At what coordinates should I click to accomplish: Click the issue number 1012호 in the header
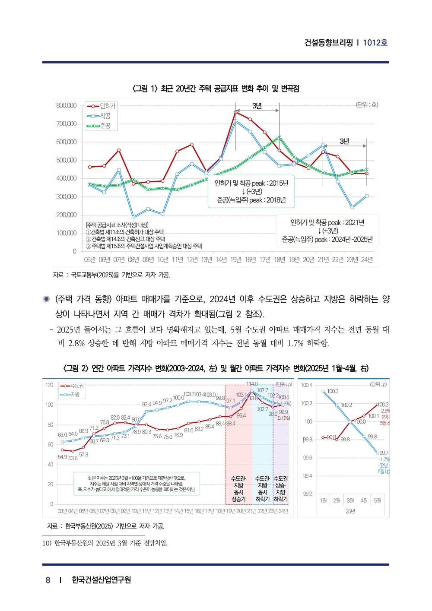375,42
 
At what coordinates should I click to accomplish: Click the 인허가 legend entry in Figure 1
108,106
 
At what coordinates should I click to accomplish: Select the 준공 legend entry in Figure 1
105,126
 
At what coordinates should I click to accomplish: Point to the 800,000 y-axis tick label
66,105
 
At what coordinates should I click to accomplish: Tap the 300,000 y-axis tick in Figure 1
66,196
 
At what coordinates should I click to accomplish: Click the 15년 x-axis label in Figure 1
235,260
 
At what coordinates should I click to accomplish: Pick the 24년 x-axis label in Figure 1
367,260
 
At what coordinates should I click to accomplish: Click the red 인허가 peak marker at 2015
235,112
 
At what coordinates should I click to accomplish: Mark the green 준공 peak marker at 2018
279,137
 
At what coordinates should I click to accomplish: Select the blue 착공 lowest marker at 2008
133,217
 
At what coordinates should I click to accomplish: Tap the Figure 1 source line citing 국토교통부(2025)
111,275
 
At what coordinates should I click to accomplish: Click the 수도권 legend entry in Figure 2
77,386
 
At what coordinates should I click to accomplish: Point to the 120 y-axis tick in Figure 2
49,385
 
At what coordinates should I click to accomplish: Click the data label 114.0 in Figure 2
252,384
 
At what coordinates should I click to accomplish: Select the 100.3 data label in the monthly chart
333,391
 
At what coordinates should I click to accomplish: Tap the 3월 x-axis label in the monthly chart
350,500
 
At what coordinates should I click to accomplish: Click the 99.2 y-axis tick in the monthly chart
307,494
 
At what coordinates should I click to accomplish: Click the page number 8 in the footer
48,580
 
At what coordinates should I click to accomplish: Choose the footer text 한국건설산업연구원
101,580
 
